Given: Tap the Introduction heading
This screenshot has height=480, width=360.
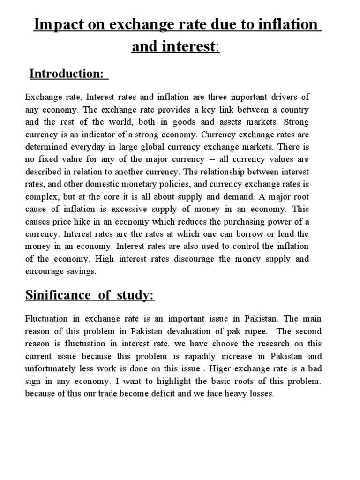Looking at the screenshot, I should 66,74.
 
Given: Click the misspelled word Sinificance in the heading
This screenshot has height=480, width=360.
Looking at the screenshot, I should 57,296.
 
